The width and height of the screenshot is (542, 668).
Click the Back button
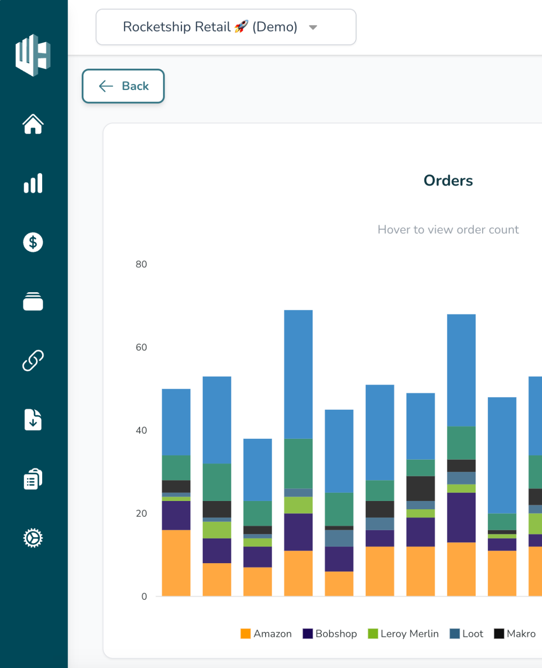coord(123,86)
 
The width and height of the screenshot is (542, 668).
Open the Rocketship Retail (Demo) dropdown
coord(226,27)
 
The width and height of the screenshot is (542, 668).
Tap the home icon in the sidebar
coord(33,124)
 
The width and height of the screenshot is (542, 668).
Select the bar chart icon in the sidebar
coord(33,183)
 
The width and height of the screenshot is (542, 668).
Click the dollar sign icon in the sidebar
coord(33,242)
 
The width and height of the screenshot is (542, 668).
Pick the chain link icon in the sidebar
coord(33,360)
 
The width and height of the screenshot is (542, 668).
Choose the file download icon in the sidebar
coord(33,420)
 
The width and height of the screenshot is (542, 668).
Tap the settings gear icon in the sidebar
coord(33,538)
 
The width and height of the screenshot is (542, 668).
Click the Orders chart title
coord(448,180)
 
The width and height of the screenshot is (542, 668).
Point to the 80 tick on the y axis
coord(141,264)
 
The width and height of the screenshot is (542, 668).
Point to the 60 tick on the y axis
coord(141,347)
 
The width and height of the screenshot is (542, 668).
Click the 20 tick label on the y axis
coord(141,514)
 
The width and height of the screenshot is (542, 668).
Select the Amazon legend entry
coord(266,634)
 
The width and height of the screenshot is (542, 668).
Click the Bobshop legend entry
coord(330,634)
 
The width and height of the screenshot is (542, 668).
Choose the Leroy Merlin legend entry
coord(403,634)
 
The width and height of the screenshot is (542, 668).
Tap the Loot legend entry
coord(466,634)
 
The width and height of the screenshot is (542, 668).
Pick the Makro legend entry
coord(515,634)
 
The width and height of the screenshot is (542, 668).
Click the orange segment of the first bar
coord(176,563)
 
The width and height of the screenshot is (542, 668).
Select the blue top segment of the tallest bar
coord(298,374)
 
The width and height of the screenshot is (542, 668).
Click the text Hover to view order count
coord(448,230)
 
